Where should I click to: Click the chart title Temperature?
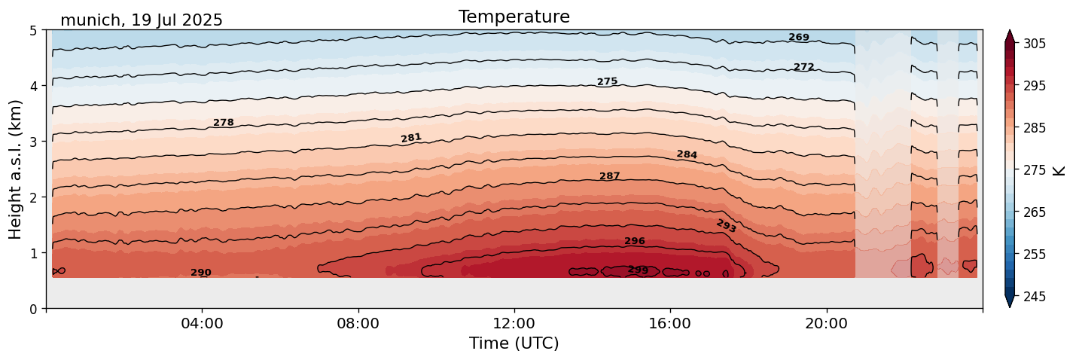(514, 17)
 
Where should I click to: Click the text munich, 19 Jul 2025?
(142, 20)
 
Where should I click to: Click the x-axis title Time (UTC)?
(514, 343)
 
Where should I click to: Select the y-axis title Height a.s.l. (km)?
(16, 169)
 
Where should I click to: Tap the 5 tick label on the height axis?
(33, 31)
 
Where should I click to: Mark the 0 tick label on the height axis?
(33, 308)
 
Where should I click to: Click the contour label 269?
(799, 38)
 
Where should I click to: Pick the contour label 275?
(607, 81)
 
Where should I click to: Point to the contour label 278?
(223, 123)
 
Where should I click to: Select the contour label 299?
(638, 270)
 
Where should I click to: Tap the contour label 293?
(726, 226)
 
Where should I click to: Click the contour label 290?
(200, 273)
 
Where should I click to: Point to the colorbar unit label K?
(1059, 170)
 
